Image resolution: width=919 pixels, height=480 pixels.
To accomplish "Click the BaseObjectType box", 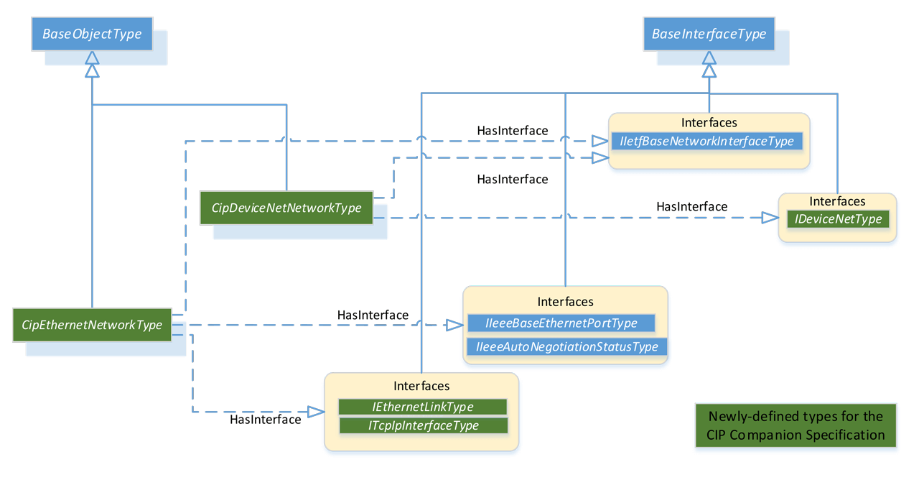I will (92, 34).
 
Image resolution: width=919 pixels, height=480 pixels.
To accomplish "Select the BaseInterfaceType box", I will (709, 34).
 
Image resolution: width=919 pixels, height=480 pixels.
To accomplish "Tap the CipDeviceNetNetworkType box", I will (286, 208).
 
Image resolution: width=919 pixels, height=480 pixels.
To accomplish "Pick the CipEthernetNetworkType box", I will (92, 325).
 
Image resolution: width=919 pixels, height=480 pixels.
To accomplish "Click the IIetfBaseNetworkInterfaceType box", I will (706, 142).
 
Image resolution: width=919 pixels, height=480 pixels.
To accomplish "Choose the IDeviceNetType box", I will (838, 219).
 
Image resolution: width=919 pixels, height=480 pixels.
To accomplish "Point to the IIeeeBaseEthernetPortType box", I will (561, 323).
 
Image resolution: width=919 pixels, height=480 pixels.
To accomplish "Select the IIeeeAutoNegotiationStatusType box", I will (567, 347).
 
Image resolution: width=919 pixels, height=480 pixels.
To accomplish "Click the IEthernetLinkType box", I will (422, 407).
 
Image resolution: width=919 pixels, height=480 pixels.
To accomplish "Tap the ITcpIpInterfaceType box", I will (424, 425).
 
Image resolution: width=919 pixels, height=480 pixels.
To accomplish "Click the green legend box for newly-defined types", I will (796, 425).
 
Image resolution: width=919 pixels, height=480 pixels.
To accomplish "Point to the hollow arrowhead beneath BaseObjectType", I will (92, 69).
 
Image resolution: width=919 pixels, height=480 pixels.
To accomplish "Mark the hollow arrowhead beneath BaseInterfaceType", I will (709, 69).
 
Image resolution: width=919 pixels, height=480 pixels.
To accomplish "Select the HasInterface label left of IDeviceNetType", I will (691, 206).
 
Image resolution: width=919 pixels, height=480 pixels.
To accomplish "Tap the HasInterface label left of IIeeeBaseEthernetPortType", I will (373, 315).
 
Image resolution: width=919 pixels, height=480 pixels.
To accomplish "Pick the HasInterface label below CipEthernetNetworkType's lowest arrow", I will (265, 420).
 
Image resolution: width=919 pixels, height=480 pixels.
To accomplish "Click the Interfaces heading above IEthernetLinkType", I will (421, 386).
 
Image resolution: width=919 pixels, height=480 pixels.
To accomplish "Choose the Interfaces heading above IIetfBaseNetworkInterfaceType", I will (709, 123).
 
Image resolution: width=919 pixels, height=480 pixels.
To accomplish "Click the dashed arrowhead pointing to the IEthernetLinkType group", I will (316, 412).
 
